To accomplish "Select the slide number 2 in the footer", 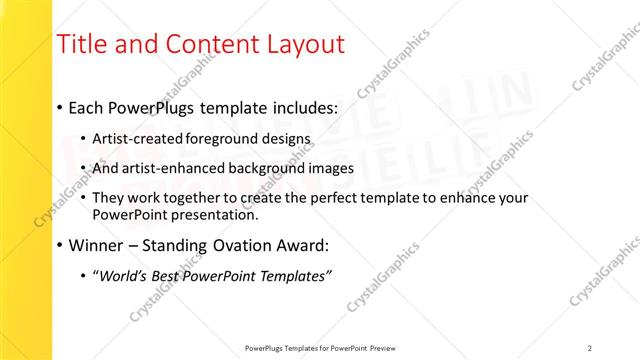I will point(589,348).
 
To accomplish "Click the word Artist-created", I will point(133,138).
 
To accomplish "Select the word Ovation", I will point(229,246).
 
